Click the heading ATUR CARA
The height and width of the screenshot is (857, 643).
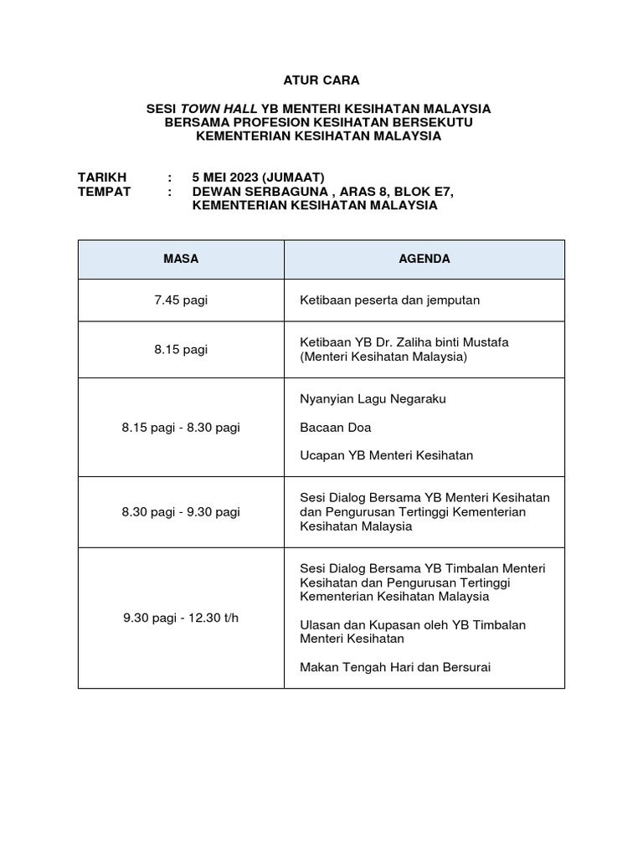coord(321,80)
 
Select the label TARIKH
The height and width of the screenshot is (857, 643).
coord(102,177)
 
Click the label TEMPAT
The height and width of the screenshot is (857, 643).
coord(105,191)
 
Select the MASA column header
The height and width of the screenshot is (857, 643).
coord(181,259)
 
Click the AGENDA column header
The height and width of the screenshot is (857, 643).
coord(424,259)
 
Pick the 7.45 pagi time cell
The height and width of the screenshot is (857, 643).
coord(181,300)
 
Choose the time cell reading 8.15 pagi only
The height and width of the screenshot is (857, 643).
coord(181,349)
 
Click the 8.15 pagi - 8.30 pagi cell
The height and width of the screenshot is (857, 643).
coord(181,427)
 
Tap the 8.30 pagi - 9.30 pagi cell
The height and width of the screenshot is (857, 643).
coord(181,511)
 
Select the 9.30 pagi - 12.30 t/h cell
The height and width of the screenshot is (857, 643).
coord(181,618)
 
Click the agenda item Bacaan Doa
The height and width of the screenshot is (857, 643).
coord(335,427)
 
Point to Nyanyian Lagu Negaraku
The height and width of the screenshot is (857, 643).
coord(373,398)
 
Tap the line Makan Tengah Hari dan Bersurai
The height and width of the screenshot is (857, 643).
coord(394,667)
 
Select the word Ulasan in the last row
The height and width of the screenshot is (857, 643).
coord(319,624)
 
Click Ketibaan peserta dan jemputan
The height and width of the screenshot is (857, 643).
coord(389,300)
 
